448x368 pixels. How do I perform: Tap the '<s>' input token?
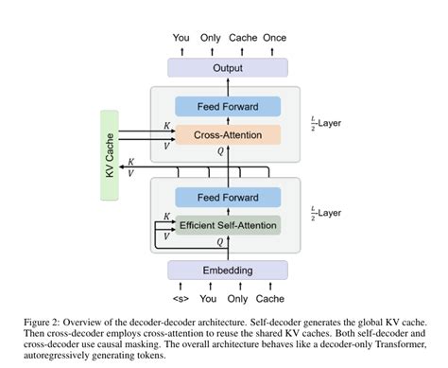(179, 299)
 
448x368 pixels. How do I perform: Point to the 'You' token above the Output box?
(181, 39)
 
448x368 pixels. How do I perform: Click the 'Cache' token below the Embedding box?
(268, 299)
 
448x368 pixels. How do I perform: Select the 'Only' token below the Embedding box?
(237, 299)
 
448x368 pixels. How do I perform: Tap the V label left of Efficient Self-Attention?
(166, 236)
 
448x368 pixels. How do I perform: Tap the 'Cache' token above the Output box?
(243, 39)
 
